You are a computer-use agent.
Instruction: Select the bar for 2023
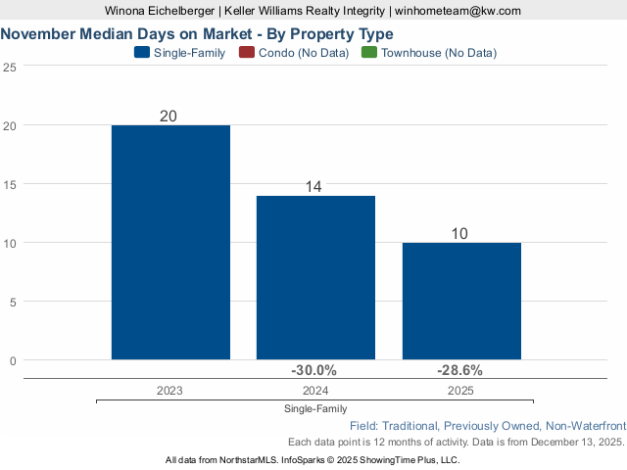[x=170, y=242]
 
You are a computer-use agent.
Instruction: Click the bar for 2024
[x=315, y=277]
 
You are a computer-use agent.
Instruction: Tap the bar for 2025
[x=461, y=301]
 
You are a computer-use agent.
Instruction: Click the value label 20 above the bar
[x=169, y=116]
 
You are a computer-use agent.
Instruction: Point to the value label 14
[x=314, y=186]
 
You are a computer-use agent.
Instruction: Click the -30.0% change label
[x=314, y=370]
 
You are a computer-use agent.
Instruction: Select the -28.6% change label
[x=459, y=370]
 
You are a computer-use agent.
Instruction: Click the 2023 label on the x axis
[x=169, y=390]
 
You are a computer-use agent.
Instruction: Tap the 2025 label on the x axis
[x=460, y=390]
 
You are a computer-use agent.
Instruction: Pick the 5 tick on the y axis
[x=12, y=302]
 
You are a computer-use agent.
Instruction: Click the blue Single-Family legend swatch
[x=142, y=53]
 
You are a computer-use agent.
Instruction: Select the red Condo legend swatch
[x=247, y=53]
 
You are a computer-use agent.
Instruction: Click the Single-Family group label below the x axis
[x=315, y=408]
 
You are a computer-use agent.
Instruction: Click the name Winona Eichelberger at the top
[x=159, y=11]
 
